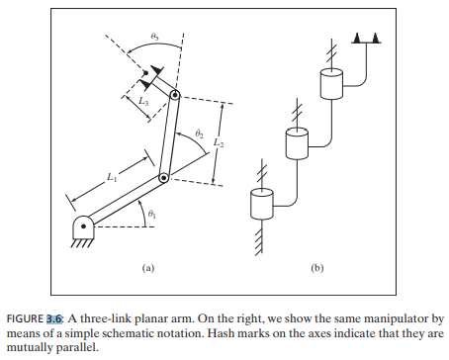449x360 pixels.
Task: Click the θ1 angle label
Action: tap(150, 214)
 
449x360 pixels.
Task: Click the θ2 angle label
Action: tap(198, 133)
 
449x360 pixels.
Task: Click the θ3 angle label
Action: tap(154, 36)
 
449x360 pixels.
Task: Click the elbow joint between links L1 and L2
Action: tap(164, 178)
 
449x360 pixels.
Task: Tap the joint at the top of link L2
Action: tap(176, 96)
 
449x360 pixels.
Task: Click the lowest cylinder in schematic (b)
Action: tap(261, 205)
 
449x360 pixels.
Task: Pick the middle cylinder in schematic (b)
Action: tap(298, 144)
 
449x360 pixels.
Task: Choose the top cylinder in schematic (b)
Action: tap(332, 83)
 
